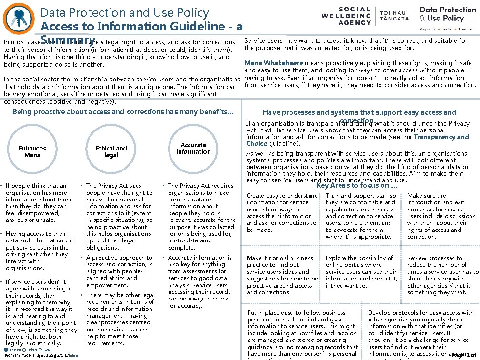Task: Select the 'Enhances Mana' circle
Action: tap(32, 152)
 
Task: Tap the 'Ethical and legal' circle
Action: tap(111, 152)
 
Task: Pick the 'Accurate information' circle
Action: tap(193, 149)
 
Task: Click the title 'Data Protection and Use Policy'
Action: tap(124, 13)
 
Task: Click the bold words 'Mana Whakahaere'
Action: tap(273, 63)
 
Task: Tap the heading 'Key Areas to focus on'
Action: tap(357, 185)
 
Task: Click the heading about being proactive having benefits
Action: tap(123, 112)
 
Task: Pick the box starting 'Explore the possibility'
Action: tap(360, 272)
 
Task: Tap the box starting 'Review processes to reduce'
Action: tap(442, 275)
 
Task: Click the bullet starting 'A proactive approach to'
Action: tap(119, 271)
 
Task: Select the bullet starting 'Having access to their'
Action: tap(40, 251)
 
